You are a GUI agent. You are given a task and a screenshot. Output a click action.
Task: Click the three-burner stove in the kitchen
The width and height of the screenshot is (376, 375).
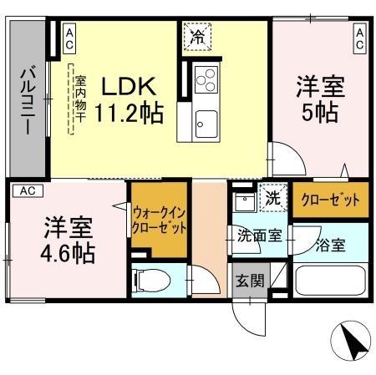(206, 81)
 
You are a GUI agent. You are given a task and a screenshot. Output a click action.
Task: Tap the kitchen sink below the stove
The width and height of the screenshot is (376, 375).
(206, 124)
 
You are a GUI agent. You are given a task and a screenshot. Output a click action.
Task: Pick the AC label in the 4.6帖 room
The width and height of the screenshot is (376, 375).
(27, 191)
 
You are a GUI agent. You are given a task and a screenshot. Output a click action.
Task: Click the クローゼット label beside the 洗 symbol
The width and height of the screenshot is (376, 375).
(328, 200)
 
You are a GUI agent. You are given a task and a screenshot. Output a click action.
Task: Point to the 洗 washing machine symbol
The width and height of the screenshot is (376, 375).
(272, 199)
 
